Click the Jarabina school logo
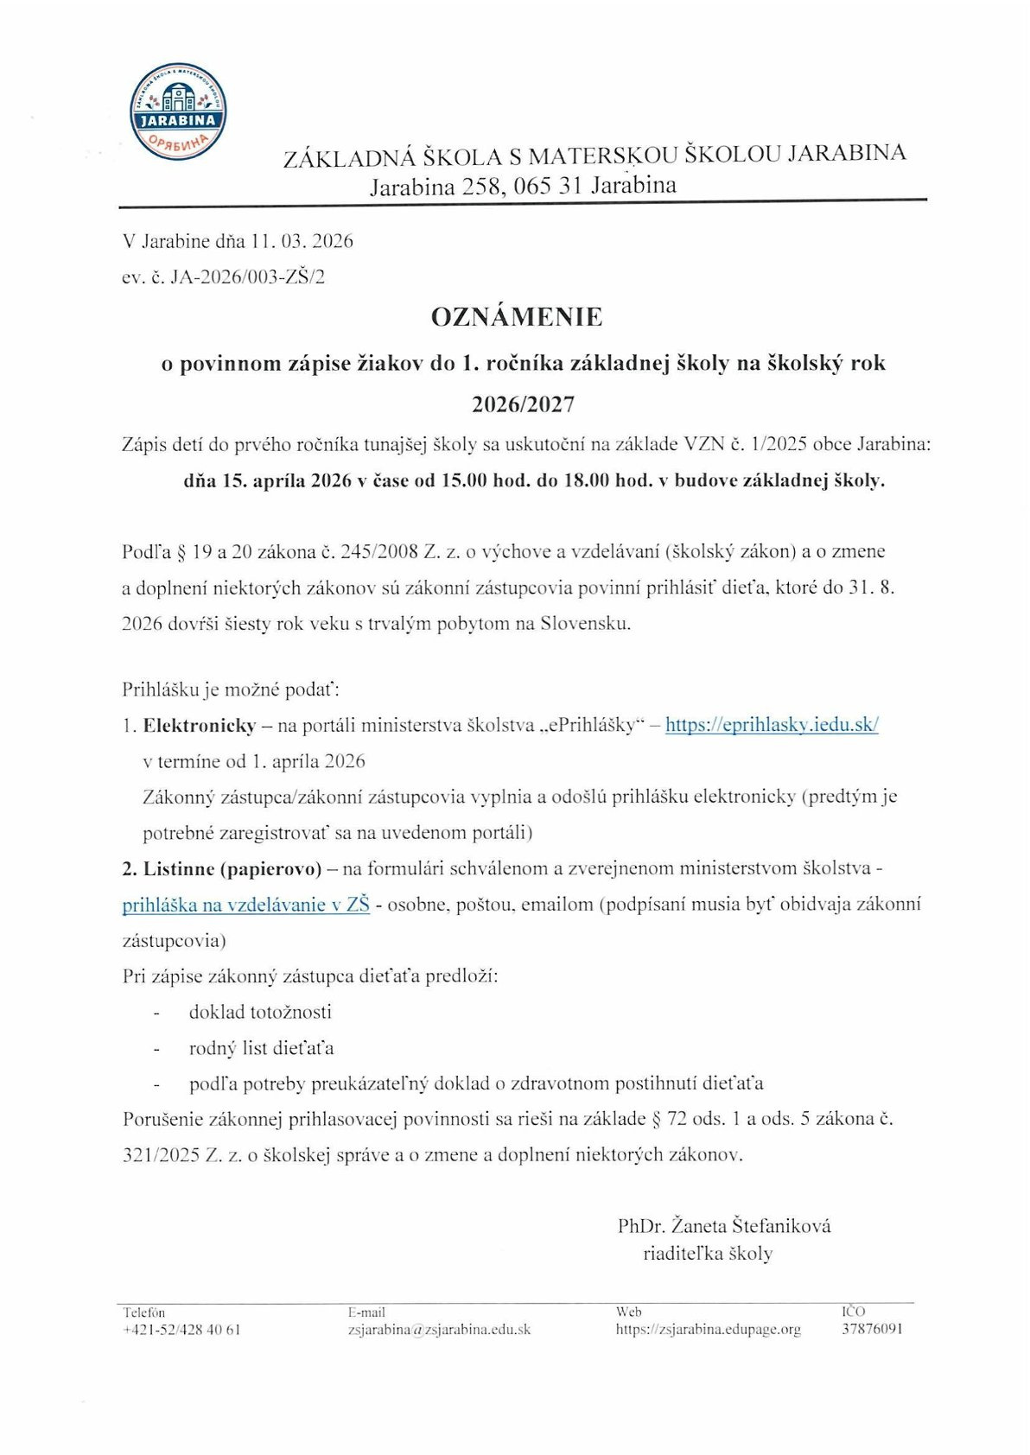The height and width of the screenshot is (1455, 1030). [x=178, y=111]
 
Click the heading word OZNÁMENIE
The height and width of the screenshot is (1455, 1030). [x=517, y=317]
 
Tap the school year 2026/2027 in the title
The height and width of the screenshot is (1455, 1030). [x=523, y=403]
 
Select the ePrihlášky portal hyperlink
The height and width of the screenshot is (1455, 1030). [x=771, y=725]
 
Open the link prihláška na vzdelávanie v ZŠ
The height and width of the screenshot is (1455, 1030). [x=245, y=905]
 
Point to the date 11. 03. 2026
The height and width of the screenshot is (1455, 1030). [x=302, y=241]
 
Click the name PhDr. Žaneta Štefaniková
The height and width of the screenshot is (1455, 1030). [x=724, y=1225]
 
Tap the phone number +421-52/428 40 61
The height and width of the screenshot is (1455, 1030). [x=181, y=1330]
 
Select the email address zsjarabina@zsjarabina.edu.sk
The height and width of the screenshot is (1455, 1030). [x=439, y=1330]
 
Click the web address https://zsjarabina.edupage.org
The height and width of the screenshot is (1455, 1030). [x=708, y=1330]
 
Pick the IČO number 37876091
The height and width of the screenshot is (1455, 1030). [x=872, y=1329]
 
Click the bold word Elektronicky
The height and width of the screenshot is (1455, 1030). [x=200, y=726]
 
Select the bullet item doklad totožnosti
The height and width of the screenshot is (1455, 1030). [x=260, y=1012]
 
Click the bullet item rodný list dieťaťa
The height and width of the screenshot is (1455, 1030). [x=261, y=1048]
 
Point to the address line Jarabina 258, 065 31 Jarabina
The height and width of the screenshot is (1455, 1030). [x=523, y=186]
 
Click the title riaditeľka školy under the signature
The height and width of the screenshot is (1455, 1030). [x=708, y=1254]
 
